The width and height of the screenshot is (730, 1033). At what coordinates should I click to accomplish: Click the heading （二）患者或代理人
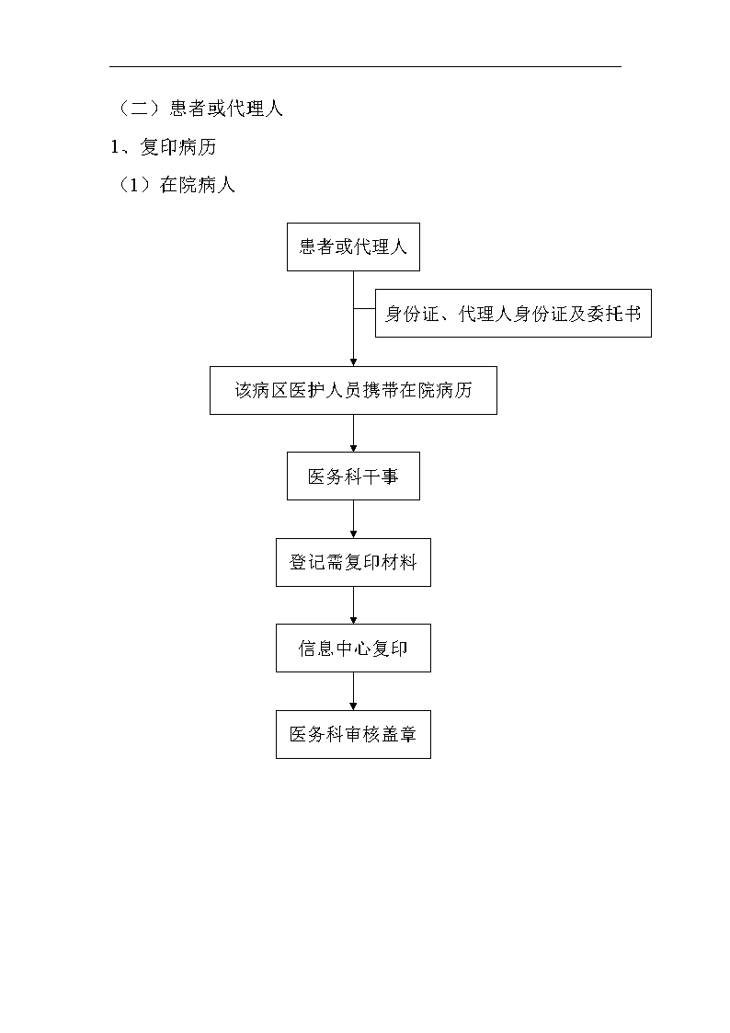[x=199, y=108]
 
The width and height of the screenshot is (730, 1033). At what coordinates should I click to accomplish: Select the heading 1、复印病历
[x=164, y=147]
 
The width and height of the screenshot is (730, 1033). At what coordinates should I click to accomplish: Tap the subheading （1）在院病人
[x=175, y=185]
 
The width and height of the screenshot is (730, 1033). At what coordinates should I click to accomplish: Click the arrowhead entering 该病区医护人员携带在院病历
[x=353, y=362]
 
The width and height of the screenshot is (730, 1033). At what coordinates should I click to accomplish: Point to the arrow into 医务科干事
[x=353, y=433]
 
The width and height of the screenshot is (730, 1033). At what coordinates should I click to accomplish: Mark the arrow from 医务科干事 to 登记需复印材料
[x=353, y=519]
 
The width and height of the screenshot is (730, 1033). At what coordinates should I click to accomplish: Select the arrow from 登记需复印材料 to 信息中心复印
[x=353, y=605]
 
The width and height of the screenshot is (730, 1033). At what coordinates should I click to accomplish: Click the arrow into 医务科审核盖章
[x=353, y=691]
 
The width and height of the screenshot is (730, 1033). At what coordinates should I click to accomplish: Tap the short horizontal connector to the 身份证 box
[x=365, y=308]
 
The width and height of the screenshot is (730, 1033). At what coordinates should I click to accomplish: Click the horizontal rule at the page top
[x=365, y=66]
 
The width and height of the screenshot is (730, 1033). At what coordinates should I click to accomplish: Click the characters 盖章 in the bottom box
[x=399, y=735]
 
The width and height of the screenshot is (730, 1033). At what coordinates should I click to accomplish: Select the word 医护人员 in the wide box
[x=325, y=391]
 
